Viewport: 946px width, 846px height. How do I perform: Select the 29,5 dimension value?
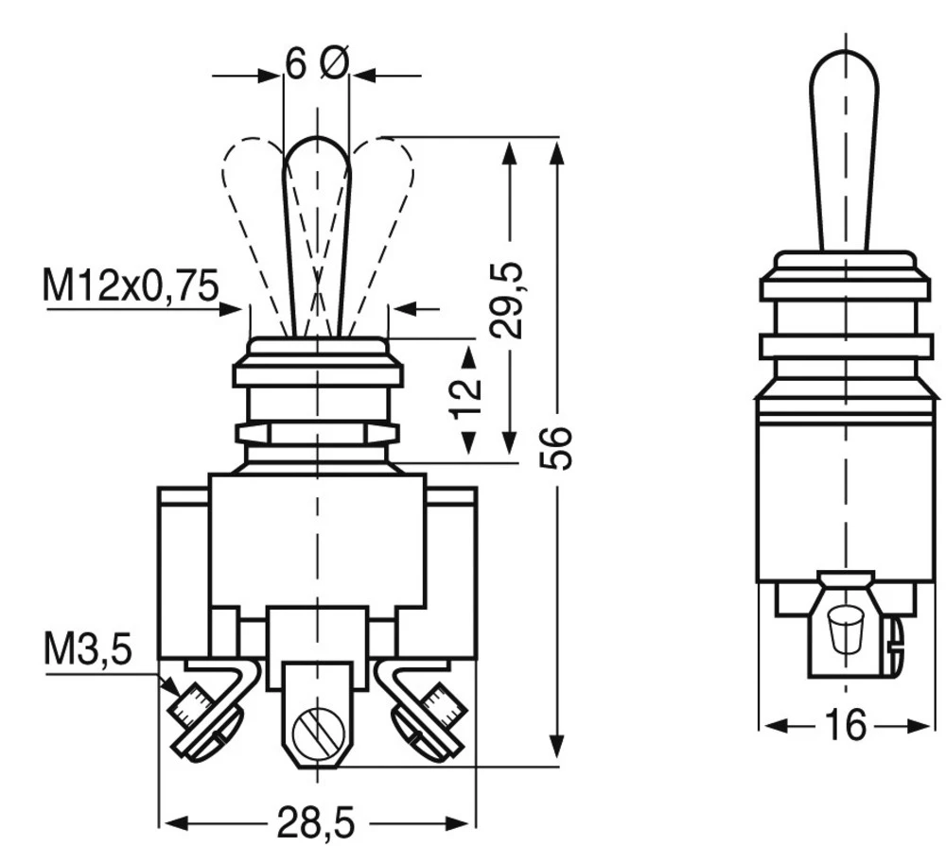click(x=509, y=300)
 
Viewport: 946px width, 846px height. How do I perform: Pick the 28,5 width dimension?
click(x=316, y=822)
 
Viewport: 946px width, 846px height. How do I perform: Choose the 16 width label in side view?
click(x=845, y=725)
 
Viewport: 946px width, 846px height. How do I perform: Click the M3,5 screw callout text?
click(x=87, y=650)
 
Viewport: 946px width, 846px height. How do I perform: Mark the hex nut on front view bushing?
click(x=316, y=433)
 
